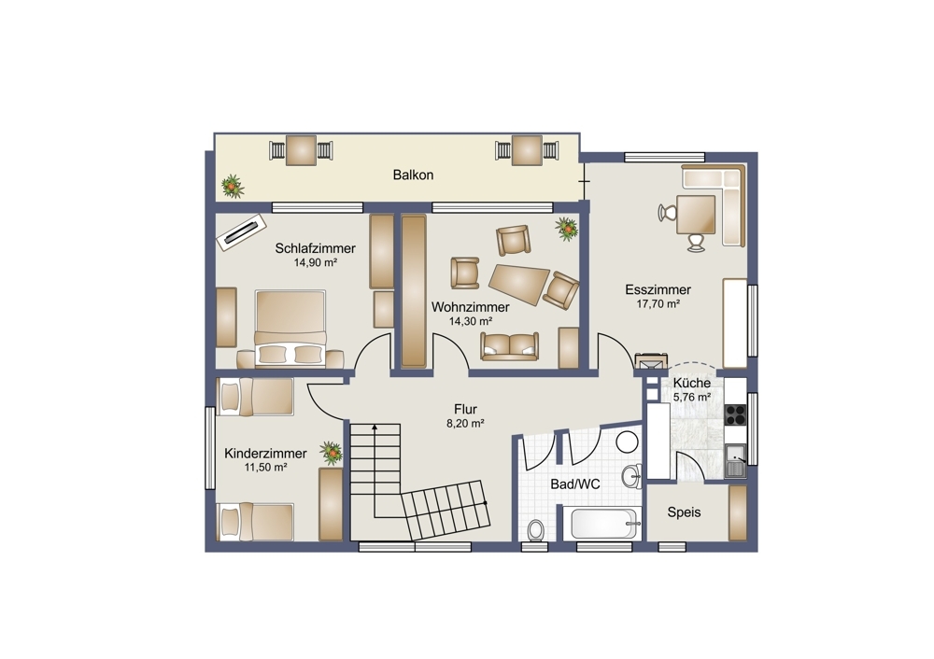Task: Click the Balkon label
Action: [413, 175]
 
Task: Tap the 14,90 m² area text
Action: [316, 262]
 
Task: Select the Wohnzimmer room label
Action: [471, 307]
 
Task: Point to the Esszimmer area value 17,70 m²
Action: [658, 303]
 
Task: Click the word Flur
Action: [465, 410]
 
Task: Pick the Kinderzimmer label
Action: [265, 454]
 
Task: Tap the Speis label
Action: [684, 512]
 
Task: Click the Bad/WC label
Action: [574, 484]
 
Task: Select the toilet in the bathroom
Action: [536, 529]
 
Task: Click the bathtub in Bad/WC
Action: [606, 524]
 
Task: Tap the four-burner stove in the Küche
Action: [736, 414]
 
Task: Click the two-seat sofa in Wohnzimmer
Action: [509, 346]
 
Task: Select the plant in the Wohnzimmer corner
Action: [567, 229]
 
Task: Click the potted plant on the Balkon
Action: [233, 187]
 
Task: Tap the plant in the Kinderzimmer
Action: [331, 453]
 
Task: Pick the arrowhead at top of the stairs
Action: [375, 427]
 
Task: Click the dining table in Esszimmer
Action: [696, 215]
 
